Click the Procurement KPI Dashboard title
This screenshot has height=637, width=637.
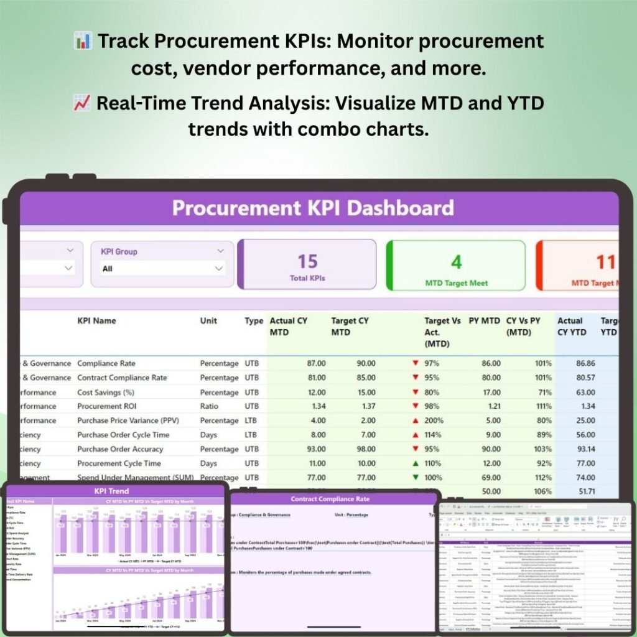[313, 208]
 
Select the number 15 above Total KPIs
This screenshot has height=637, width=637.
[307, 261]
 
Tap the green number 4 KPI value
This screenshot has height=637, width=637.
[456, 262]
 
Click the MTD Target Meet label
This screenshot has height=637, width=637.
[456, 283]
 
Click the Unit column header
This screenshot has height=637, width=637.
[208, 321]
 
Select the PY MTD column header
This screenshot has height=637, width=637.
[484, 321]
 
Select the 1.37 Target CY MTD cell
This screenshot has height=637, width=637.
[362, 406]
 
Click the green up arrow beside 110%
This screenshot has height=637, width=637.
[415, 463]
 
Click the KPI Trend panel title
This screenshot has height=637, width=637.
[112, 491]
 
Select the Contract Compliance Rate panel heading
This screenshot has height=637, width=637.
[330, 499]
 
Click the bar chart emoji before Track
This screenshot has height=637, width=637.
[83, 42]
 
